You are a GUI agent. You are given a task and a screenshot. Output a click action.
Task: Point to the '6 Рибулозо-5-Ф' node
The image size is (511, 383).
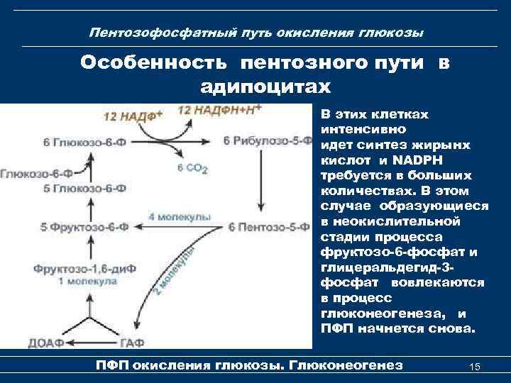coord(268,141)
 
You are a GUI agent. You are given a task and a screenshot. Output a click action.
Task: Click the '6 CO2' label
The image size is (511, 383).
coord(192,168)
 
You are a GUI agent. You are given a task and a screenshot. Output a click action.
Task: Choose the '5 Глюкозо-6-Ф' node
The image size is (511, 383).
coord(84,188)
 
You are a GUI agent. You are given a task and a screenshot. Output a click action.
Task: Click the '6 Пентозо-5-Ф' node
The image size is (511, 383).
coord(268,228)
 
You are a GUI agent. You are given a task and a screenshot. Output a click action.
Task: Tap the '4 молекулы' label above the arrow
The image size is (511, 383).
coord(180,215)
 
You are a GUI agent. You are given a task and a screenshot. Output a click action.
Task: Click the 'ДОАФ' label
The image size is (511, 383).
coord(45,343)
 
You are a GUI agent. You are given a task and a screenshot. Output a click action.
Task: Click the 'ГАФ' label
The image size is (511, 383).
coord(131,343)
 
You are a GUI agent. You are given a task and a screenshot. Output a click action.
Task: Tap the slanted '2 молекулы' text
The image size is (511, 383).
coord(175,274)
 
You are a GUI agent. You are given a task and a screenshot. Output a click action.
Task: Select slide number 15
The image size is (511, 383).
coord(476,366)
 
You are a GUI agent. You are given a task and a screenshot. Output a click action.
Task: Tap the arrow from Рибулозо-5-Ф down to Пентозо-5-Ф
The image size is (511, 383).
coord(261,184)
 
